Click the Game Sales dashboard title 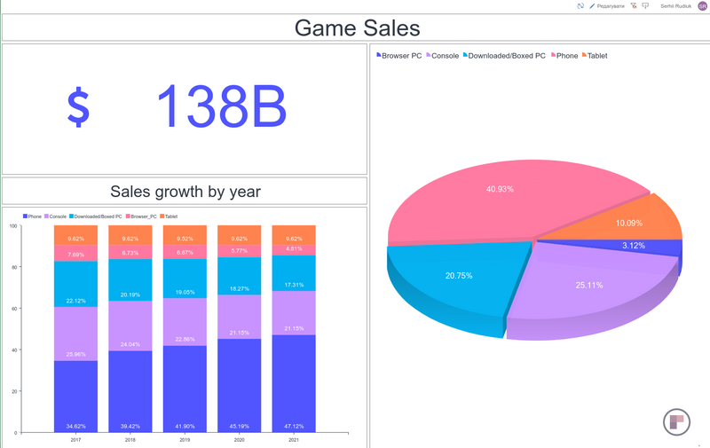pyautogui.click(x=357, y=28)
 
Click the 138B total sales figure pyautogui.click(x=222, y=107)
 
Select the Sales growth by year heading pyautogui.click(x=185, y=191)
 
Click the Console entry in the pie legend pyautogui.click(x=444, y=56)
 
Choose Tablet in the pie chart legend pyautogui.click(x=596, y=56)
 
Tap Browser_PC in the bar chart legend pyautogui.click(x=143, y=216)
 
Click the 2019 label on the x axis pyautogui.click(x=185, y=439)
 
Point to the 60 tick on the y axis pyautogui.click(x=13, y=309)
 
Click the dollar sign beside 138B pyautogui.click(x=79, y=107)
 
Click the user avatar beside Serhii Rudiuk pyautogui.click(x=703, y=6)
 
